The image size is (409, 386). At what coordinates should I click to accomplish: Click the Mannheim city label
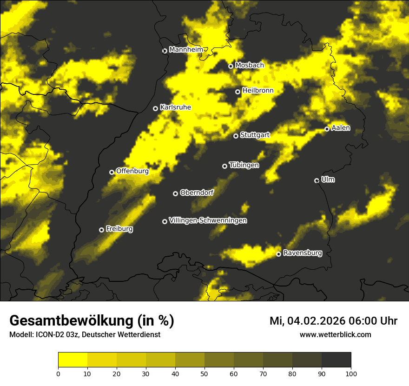pyautogui.click(x=186, y=49)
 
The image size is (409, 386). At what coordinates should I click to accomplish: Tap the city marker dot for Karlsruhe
pyautogui.click(x=156, y=108)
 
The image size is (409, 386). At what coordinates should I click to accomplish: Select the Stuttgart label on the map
pyautogui.click(x=255, y=135)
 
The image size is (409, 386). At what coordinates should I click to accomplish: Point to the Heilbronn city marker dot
pyautogui.click(x=237, y=92)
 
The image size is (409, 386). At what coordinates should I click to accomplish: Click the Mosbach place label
pyautogui.click(x=250, y=65)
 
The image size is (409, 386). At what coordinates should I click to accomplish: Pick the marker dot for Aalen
pyautogui.click(x=327, y=129)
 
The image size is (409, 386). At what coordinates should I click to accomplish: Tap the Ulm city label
pyautogui.click(x=328, y=180)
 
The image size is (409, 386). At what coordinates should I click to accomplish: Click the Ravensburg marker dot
pyautogui.click(x=279, y=254)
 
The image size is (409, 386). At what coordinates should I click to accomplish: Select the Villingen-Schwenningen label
pyautogui.click(x=208, y=220)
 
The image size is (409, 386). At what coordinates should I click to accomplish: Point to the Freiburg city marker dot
pyautogui.click(x=101, y=230)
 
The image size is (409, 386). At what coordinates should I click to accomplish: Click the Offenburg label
pyautogui.click(x=132, y=171)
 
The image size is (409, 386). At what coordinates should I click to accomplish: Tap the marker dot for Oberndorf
pyautogui.click(x=175, y=193)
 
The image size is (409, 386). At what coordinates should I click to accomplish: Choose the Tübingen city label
pyautogui.click(x=244, y=165)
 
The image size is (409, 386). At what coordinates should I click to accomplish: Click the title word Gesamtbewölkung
pyautogui.click(x=70, y=320)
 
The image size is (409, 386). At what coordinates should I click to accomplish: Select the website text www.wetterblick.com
pyautogui.click(x=336, y=334)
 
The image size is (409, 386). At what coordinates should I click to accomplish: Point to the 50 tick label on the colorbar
pyautogui.click(x=204, y=373)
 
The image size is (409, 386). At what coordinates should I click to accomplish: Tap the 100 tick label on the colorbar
pyautogui.click(x=351, y=373)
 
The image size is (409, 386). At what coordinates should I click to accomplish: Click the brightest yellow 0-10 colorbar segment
pyautogui.click(x=73, y=360)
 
